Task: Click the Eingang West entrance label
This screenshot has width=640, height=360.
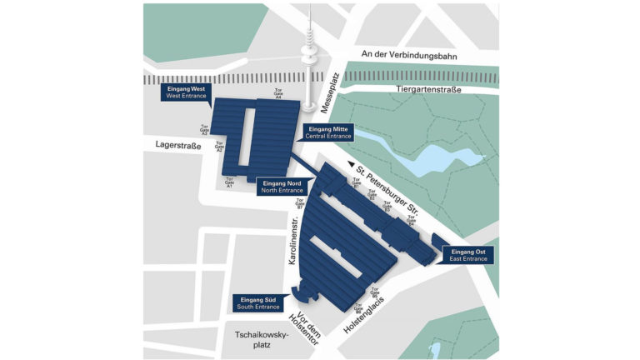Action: tap(186, 92)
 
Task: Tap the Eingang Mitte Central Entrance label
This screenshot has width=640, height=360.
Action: tap(328, 132)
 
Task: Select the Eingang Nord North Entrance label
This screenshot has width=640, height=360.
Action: tap(282, 187)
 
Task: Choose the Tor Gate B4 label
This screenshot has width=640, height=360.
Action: tap(411, 221)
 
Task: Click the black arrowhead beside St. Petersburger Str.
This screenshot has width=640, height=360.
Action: tap(351, 165)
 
